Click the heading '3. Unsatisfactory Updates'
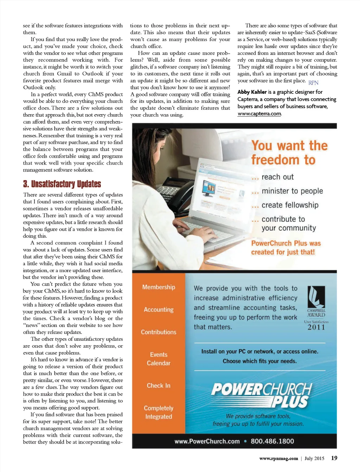tap(62, 184)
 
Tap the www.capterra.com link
tap(259, 114)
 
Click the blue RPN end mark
tap(313, 83)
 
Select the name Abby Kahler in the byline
tap(252, 92)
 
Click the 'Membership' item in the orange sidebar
tap(159, 287)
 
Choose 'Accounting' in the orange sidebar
tap(159, 309)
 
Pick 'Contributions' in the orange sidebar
tap(159, 332)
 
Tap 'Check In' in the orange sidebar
tap(159, 386)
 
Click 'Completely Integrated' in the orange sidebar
tap(159, 412)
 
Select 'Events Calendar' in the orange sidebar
tap(159, 359)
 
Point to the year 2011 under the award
tap(316, 327)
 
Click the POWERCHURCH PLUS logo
tap(262, 395)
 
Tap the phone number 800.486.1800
tap(272, 441)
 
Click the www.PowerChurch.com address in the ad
tap(207, 441)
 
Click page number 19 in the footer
tap(334, 458)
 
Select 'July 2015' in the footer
tap(314, 458)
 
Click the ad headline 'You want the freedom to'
tap(289, 153)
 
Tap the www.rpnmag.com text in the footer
tap(278, 458)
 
